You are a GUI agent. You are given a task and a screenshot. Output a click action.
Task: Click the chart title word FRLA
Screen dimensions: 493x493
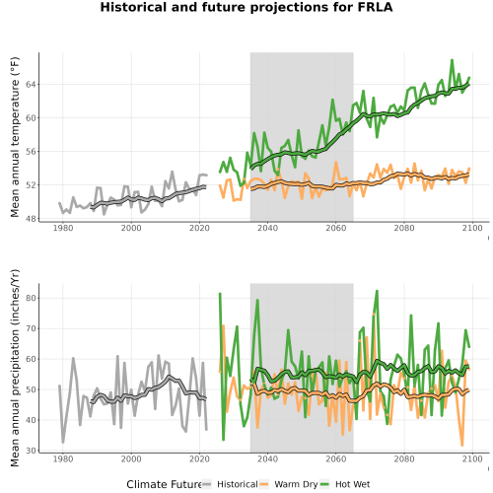coord(375,7)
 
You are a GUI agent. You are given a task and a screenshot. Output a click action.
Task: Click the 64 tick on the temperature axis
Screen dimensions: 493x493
coord(31,85)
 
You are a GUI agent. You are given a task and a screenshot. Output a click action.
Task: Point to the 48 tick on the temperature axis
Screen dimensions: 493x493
coord(31,219)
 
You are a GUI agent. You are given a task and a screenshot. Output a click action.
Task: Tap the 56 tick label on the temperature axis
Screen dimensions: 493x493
coord(31,152)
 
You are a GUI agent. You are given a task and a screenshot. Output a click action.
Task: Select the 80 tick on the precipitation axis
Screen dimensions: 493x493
coord(31,298)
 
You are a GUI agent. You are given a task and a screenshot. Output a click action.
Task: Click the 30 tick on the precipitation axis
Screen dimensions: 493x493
coord(31,451)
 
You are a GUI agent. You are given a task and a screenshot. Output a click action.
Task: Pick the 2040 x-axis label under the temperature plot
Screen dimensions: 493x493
coord(267,228)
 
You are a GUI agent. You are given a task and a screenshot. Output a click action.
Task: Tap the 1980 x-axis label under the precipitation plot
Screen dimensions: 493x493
coord(63,458)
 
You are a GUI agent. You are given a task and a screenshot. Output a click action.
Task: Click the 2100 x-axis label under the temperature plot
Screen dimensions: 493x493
coord(472,228)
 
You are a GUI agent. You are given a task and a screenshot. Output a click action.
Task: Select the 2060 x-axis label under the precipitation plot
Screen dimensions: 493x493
coord(336,458)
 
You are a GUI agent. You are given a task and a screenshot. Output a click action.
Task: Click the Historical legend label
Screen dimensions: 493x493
coord(238,484)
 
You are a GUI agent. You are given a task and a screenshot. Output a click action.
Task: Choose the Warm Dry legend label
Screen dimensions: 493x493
coord(296,484)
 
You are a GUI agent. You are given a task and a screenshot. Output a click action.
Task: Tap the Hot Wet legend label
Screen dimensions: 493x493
coord(352,484)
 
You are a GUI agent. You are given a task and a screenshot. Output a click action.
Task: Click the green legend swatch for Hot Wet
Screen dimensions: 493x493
coord(324,484)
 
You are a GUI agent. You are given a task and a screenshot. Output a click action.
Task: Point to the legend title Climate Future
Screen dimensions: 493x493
coord(164,484)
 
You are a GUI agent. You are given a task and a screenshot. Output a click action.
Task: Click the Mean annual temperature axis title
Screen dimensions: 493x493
coord(15,137)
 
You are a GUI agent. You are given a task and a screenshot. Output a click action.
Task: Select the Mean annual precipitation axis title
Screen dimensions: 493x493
coord(15,368)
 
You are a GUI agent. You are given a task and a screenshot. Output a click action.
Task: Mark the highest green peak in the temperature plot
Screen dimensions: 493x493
coord(452,60)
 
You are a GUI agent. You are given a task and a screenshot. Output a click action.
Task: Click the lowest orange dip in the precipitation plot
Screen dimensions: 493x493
coord(462,446)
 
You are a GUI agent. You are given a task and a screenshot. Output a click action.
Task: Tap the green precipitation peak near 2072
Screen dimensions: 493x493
coord(377,291)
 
